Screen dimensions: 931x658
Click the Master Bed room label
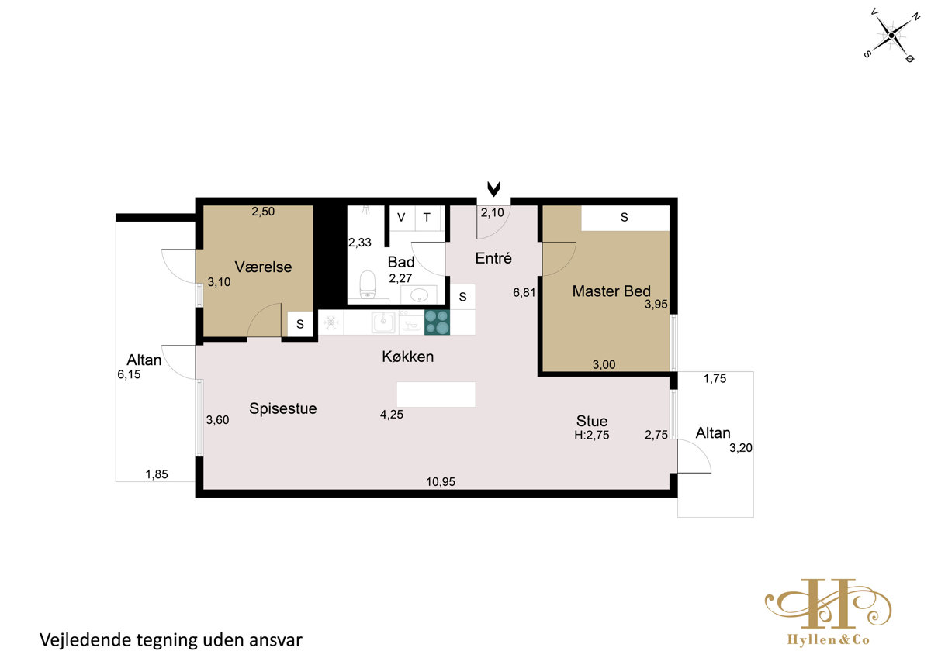coord(611,291)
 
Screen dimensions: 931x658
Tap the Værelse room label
coord(263,267)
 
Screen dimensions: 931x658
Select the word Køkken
coord(408,357)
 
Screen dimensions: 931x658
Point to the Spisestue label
coord(282,408)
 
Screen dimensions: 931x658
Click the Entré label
coord(493,258)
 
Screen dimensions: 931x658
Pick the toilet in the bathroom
coord(368,284)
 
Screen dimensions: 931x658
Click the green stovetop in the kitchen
coord(437,322)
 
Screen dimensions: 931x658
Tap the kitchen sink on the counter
coord(383,322)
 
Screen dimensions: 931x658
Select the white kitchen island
coord(436,394)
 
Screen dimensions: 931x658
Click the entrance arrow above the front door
coord(493,189)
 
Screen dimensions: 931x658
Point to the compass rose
coord(891,36)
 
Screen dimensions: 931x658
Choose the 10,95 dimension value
coord(441,481)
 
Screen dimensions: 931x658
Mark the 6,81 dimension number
coord(524,293)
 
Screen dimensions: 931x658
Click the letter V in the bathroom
coord(401,217)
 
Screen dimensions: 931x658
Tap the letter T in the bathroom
coord(427,217)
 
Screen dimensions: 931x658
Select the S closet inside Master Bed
coord(625,218)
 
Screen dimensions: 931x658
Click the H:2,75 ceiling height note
coord(592,435)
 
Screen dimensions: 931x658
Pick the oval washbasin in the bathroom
coord(420,295)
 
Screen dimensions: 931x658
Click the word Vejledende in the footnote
coord(85,640)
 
